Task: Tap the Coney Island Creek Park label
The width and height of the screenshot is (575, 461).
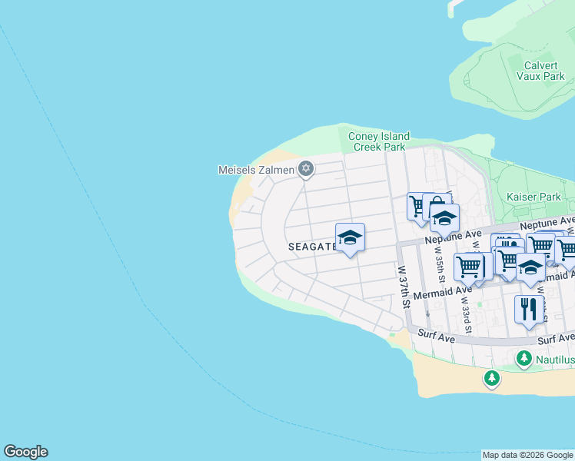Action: (x=378, y=141)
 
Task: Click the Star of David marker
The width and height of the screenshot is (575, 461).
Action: (x=306, y=168)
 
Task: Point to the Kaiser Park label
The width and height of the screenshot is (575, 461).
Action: (x=533, y=197)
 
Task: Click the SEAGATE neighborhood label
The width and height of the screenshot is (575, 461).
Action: (x=311, y=247)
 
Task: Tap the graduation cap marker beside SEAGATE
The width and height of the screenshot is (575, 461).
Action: (x=350, y=237)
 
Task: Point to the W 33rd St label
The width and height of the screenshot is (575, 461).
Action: (x=464, y=305)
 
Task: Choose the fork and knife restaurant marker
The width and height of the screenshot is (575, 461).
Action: (x=528, y=309)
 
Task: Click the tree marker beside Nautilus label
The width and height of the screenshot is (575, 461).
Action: (x=523, y=359)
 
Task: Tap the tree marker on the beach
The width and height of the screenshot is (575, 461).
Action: (x=492, y=378)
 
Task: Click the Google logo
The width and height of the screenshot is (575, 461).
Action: (x=25, y=452)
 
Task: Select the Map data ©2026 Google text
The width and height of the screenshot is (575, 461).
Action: (x=527, y=455)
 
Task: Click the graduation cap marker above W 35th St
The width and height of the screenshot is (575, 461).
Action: (x=444, y=218)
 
